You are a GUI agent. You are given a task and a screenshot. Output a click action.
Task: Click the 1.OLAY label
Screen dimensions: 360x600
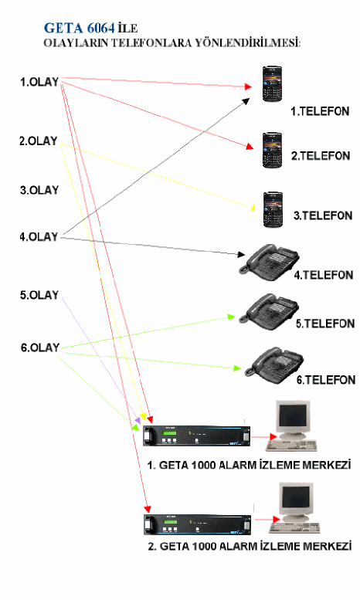[39, 82]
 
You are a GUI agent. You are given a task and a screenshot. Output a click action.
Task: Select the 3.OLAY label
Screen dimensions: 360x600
[39, 190]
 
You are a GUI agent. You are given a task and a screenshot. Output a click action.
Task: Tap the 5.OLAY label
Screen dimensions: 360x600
[39, 295]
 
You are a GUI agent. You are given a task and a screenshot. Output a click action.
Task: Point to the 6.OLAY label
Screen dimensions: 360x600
[40, 347]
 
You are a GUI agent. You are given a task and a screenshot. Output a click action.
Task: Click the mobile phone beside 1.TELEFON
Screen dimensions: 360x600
[272, 84]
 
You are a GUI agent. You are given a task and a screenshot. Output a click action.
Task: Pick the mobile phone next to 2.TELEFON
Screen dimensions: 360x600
[272, 151]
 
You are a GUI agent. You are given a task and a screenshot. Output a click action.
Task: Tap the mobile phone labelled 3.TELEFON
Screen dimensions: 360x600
[273, 210]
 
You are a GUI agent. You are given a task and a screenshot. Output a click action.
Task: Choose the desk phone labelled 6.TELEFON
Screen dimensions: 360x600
[274, 365]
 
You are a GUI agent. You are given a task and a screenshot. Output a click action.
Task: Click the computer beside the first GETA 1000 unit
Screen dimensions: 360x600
[292, 425]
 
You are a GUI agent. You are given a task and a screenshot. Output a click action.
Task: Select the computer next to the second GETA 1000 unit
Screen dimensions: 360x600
[294, 508]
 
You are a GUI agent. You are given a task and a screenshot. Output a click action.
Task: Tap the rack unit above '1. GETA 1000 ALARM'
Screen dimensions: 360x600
[196, 436]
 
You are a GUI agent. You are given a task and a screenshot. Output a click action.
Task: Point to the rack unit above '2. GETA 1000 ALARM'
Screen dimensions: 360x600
[198, 524]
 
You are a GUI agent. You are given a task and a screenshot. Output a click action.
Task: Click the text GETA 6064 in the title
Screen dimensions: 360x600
[80, 28]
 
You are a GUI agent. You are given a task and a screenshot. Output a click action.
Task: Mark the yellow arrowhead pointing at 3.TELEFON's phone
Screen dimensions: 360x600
[252, 208]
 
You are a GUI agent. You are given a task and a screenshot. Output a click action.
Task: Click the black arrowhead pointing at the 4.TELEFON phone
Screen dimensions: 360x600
[241, 254]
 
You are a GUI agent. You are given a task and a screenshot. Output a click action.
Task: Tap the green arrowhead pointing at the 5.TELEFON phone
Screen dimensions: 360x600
[231, 317]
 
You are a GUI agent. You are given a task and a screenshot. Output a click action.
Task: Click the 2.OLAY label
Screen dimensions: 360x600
[39, 141]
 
